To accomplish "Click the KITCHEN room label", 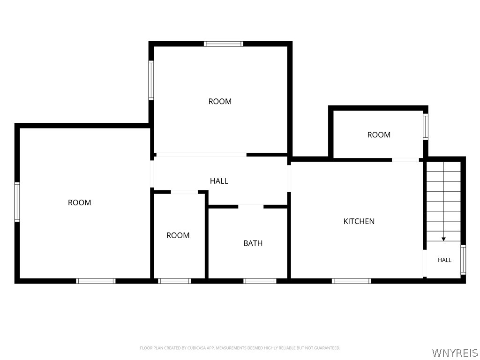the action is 359,221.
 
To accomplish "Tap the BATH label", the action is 253,243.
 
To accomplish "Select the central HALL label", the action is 219,181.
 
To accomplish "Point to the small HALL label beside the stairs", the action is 444,260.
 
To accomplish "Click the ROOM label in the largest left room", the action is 79,202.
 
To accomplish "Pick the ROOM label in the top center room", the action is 220,101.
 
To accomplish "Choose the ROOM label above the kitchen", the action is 379,135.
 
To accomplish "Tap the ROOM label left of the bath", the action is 178,235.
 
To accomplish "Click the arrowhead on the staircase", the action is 443,239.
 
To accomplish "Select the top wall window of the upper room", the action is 224,44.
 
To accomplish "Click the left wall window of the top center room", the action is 151,81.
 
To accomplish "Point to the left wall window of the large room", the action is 17,202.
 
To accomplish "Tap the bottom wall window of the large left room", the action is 96,281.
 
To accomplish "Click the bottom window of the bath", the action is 260,281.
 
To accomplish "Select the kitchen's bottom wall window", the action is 352,281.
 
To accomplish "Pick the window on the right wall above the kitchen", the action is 426,127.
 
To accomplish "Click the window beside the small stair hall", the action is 463,260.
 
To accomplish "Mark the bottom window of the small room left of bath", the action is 174,281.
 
